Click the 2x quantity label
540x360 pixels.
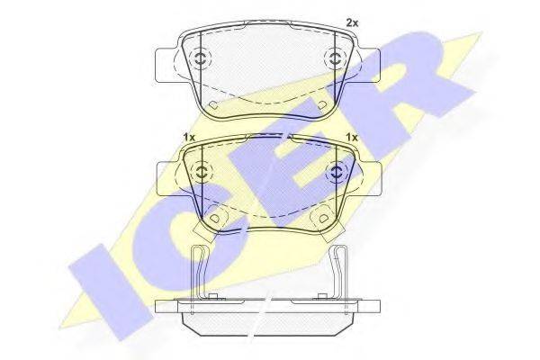[x=352, y=23]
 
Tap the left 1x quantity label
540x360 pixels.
[x=189, y=137]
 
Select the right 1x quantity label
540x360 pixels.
[x=352, y=137]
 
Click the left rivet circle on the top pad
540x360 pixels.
[x=200, y=58]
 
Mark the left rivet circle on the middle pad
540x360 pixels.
[x=202, y=171]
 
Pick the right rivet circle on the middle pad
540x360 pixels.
[x=336, y=171]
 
